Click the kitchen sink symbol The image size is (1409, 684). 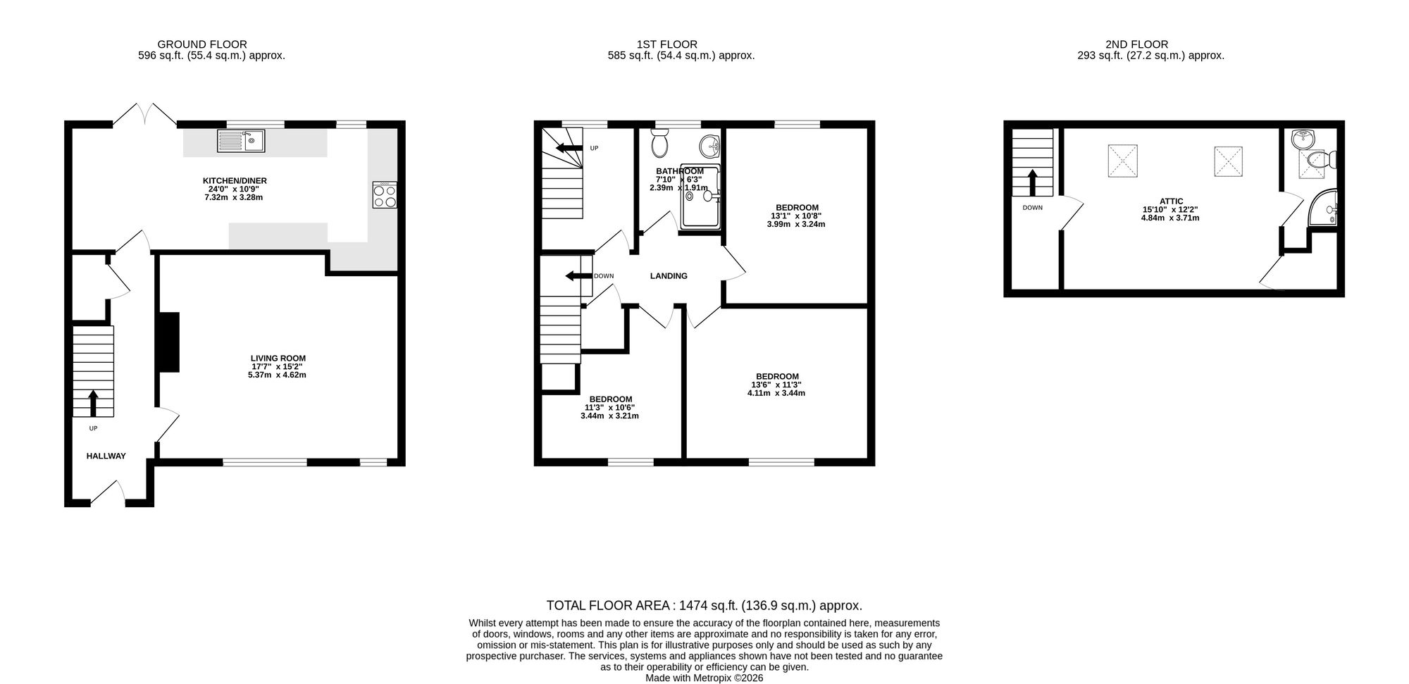point(240,141)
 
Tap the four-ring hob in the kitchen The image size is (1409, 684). point(385,195)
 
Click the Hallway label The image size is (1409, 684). point(106,456)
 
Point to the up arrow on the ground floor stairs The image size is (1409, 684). point(93,403)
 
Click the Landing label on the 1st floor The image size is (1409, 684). point(669,276)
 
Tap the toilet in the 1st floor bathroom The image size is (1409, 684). point(660,143)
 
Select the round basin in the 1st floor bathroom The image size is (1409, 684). point(709,147)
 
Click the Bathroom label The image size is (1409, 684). point(680,171)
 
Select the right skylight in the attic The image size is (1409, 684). point(1228,161)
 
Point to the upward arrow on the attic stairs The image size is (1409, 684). point(1034,182)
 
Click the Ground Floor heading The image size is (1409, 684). point(202,44)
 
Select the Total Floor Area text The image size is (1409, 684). point(704,605)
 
